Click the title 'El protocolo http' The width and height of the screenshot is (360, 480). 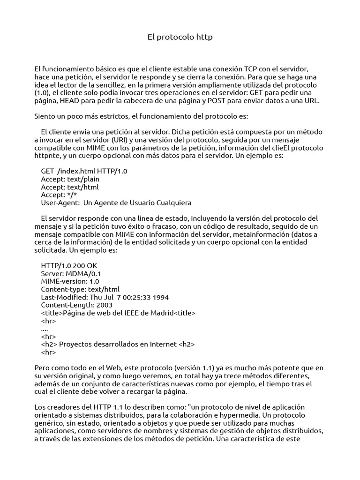[180, 37]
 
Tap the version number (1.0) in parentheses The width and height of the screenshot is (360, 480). [42, 93]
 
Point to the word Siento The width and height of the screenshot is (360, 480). [46, 116]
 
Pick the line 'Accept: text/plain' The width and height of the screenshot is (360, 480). [70, 179]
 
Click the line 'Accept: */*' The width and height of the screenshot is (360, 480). [59, 195]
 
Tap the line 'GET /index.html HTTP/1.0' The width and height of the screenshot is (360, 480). [84, 171]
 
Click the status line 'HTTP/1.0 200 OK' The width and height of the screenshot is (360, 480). [69, 265]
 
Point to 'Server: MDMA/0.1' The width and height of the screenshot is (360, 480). [71, 273]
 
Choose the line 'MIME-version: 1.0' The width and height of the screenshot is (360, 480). [70, 281]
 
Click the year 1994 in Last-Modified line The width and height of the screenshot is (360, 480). [160, 297]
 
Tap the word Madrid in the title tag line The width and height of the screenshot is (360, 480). [158, 313]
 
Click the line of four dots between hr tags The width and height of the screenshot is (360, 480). [45, 329]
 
